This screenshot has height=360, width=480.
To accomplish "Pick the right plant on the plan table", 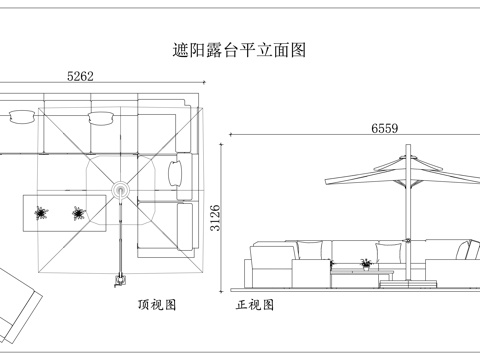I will coord(78,212).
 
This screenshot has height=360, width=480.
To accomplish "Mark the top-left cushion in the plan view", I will coord(20,118).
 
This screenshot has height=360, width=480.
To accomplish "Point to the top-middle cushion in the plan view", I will coord(100,118).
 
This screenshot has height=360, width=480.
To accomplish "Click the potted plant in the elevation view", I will coord(366,263).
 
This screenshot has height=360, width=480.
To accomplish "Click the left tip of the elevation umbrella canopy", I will coord(326,181).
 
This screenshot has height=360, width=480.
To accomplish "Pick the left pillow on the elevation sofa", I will coord(311,252).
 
